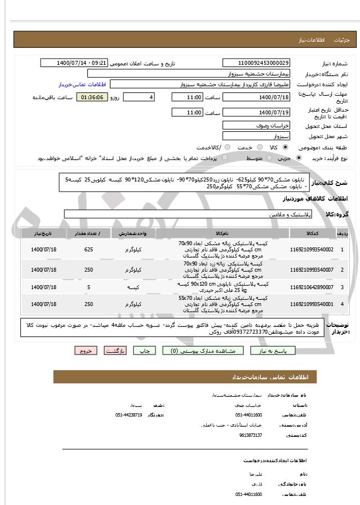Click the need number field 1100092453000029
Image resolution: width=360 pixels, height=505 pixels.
[x=256, y=63]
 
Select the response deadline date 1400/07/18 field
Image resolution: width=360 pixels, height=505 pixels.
[x=256, y=98]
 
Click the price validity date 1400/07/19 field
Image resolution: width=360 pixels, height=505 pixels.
[x=256, y=113]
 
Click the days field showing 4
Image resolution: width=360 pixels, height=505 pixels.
[x=139, y=98]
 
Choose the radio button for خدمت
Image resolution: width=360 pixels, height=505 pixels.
[x=226, y=148]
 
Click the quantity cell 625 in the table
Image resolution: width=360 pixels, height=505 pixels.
[x=88, y=249]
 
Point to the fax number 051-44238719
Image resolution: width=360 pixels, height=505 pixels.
[x=130, y=415]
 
